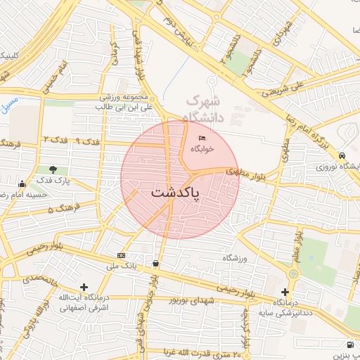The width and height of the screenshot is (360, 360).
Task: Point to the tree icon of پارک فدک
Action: [53, 169]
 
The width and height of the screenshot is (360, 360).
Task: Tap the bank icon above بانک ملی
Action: [121, 255]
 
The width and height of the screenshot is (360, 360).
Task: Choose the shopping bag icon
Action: [155, 264]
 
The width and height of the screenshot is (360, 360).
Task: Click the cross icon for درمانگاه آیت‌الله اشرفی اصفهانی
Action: [84, 287]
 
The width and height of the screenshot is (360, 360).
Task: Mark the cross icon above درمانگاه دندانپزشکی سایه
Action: [285, 291]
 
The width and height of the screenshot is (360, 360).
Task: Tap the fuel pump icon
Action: [350, 345]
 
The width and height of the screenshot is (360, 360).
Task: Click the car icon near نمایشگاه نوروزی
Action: [342, 155]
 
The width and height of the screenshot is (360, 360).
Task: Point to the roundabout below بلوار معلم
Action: [294, 272]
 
